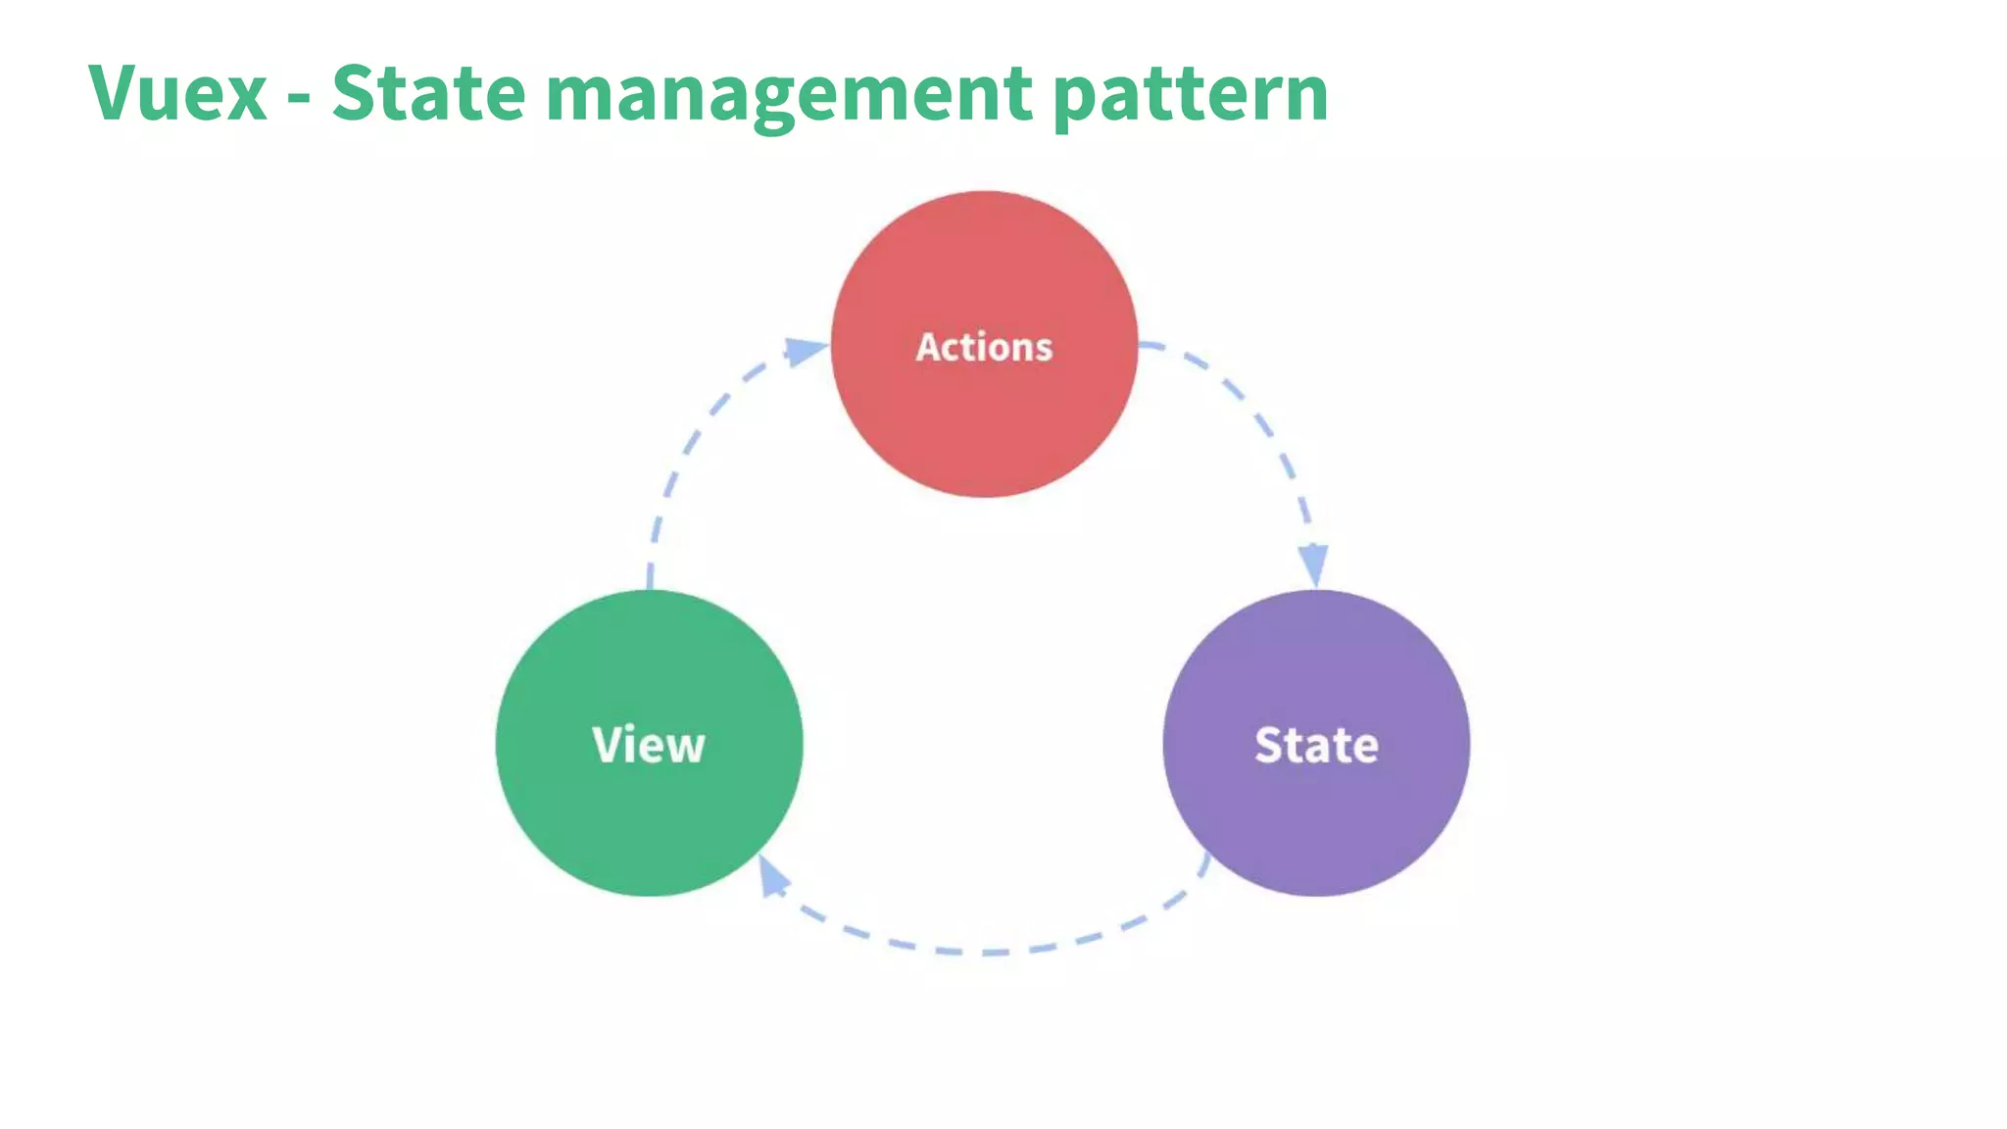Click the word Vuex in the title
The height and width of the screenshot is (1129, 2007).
click(x=177, y=93)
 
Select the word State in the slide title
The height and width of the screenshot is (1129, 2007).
click(x=428, y=93)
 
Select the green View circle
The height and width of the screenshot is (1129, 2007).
click(x=649, y=823)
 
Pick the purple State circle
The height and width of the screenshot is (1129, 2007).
click(x=1316, y=823)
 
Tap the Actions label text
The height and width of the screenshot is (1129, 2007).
click(x=984, y=347)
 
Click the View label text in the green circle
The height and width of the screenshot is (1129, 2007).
click(x=649, y=745)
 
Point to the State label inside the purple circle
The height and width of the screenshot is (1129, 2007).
click(x=1316, y=745)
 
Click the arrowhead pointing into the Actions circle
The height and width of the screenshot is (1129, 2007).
click(x=806, y=351)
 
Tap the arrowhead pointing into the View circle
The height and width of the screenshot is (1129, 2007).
click(x=772, y=876)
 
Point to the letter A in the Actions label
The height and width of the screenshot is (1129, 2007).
click(x=928, y=347)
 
